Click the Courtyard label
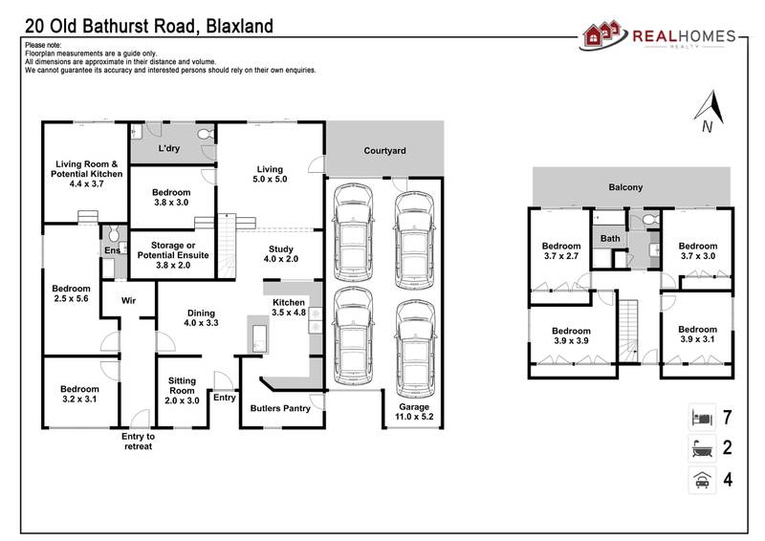click(x=384, y=151)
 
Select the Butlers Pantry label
click(x=280, y=408)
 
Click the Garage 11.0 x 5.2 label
click(x=409, y=412)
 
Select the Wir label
click(x=129, y=300)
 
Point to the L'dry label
click(x=169, y=149)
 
